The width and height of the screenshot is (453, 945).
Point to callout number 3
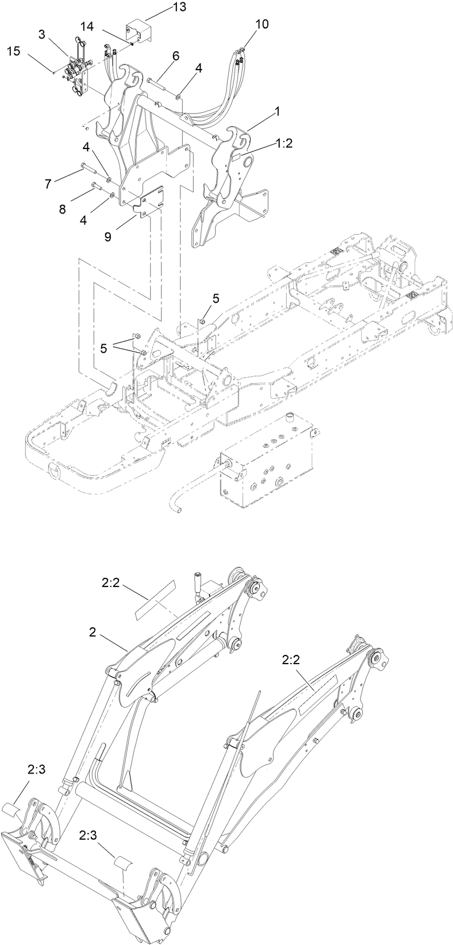[x=41, y=35]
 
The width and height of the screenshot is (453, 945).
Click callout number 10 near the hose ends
[x=262, y=24]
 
